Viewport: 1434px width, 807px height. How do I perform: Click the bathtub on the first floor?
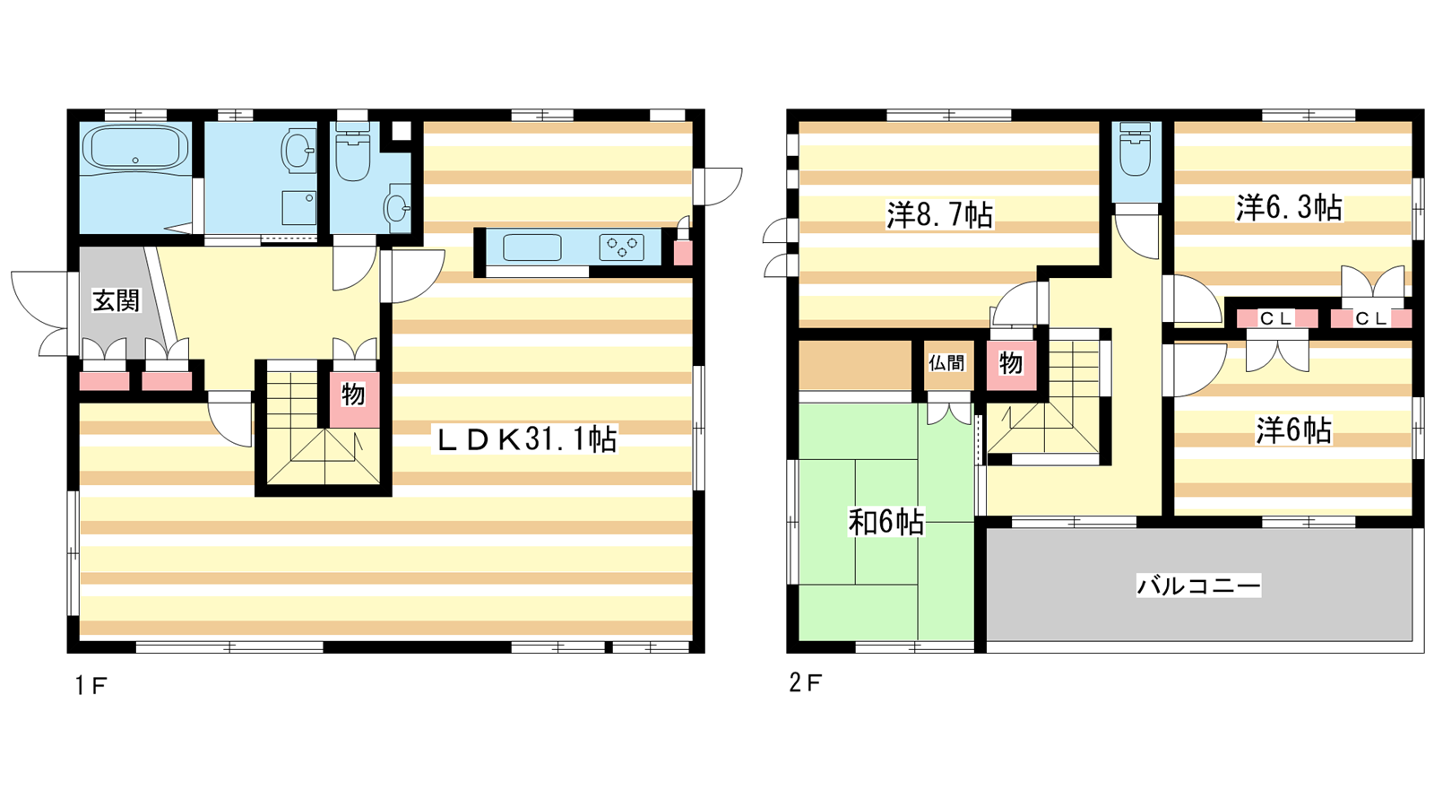(135, 149)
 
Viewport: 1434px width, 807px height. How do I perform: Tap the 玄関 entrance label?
(116, 300)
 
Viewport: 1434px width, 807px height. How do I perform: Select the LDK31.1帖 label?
(526, 439)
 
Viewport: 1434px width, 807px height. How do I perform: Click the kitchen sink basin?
(532, 247)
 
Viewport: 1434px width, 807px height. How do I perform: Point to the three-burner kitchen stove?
(622, 247)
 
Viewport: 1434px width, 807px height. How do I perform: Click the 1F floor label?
(91, 686)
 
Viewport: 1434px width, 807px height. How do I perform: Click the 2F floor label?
(805, 682)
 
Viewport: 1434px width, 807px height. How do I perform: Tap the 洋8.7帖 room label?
(939, 215)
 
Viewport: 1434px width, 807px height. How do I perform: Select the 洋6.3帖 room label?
(1290, 208)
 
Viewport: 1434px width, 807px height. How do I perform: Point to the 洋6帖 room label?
(1293, 430)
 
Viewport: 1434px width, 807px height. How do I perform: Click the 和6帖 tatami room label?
(886, 522)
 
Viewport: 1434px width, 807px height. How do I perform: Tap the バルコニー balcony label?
(1198, 586)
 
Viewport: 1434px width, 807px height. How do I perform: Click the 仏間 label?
(946, 363)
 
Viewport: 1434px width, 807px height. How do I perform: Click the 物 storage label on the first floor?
(353, 395)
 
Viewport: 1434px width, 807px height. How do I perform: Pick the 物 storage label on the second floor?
(1010, 363)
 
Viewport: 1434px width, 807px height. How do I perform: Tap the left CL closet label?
(1277, 317)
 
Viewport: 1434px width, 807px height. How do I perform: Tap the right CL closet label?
(1370, 317)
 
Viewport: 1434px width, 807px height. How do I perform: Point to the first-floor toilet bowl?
(353, 153)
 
